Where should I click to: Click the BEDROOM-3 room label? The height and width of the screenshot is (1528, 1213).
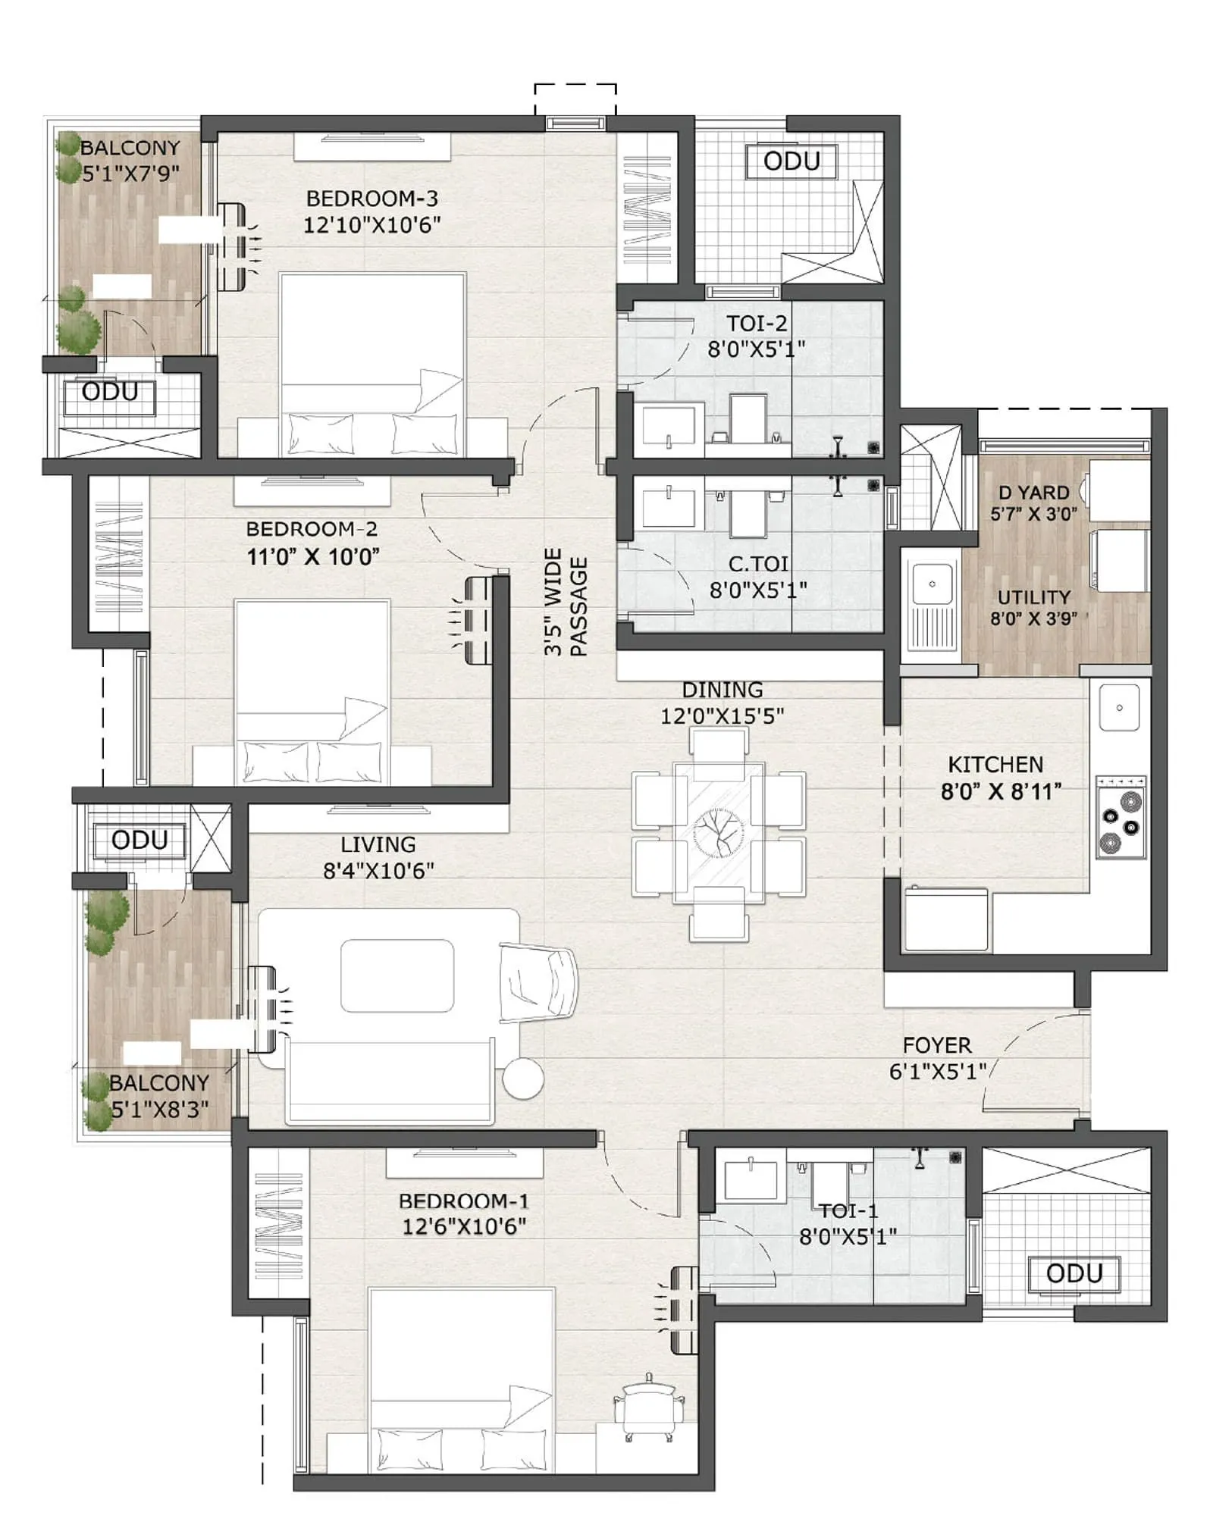coord(371,199)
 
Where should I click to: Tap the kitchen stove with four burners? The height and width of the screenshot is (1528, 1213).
coord(1121,817)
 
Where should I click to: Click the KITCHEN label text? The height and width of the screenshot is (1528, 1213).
coord(995,764)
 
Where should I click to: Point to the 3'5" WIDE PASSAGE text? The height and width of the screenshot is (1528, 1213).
coord(566,602)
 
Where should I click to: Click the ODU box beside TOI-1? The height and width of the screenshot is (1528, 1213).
coord(1074,1273)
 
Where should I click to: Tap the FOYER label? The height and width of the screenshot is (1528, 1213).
coord(936,1045)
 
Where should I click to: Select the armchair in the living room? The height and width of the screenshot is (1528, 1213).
coord(537,983)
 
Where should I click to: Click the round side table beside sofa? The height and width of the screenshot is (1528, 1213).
coord(522,1078)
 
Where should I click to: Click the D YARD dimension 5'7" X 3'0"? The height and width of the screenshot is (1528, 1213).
coord(1033,514)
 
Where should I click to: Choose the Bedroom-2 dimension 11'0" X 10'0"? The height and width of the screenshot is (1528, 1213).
coord(312,556)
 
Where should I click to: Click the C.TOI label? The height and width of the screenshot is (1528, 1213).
coord(758,563)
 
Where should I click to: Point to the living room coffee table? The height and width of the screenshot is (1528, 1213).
coord(397,975)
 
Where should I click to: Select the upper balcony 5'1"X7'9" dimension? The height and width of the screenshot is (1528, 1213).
coord(130,174)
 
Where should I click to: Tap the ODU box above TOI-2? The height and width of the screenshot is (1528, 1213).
coord(791,161)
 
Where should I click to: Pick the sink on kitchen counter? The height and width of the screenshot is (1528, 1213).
coord(1119,706)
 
